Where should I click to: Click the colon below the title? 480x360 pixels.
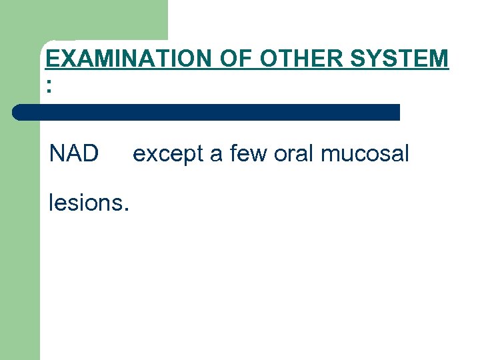tap(49, 85)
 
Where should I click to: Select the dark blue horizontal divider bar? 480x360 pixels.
tap(207, 112)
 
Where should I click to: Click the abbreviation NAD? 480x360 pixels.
tap(73, 154)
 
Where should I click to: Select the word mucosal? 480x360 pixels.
tap(365, 154)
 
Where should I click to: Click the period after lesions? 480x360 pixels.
tap(125, 209)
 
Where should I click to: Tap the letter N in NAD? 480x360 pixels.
tap(57, 154)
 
